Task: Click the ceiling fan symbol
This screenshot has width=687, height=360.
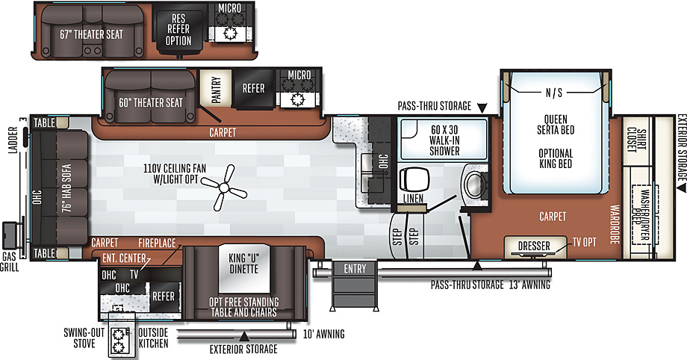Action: point(224,188)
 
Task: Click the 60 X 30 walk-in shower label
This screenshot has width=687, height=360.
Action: point(444,140)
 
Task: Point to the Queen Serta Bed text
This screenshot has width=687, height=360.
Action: point(556,125)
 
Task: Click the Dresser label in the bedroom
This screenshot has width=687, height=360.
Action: point(534,246)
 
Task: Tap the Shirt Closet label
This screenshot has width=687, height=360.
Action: point(637,140)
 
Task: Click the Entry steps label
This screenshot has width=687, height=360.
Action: point(355,268)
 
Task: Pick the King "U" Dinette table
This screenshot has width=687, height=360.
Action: point(244,268)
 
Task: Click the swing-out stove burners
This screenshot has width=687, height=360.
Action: point(118,341)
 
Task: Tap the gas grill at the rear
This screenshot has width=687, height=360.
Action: point(10,236)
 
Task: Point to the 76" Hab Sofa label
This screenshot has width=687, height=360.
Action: point(66,188)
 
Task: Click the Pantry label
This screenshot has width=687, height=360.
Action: point(216,90)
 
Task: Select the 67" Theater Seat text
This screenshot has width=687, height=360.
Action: point(92,34)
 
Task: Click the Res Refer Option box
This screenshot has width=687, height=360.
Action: point(178,29)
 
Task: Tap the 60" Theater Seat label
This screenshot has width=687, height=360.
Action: point(151,102)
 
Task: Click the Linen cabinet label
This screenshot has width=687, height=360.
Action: point(413,199)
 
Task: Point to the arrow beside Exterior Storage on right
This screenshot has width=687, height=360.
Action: point(681,187)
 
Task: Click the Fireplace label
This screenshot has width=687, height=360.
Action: point(157,243)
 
